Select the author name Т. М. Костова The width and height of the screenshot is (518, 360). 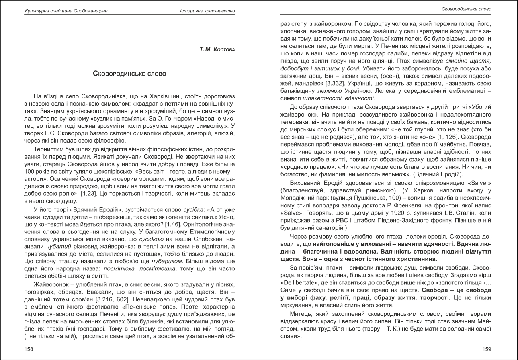tap(217, 49)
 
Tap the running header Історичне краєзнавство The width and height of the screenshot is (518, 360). tap(207, 10)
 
